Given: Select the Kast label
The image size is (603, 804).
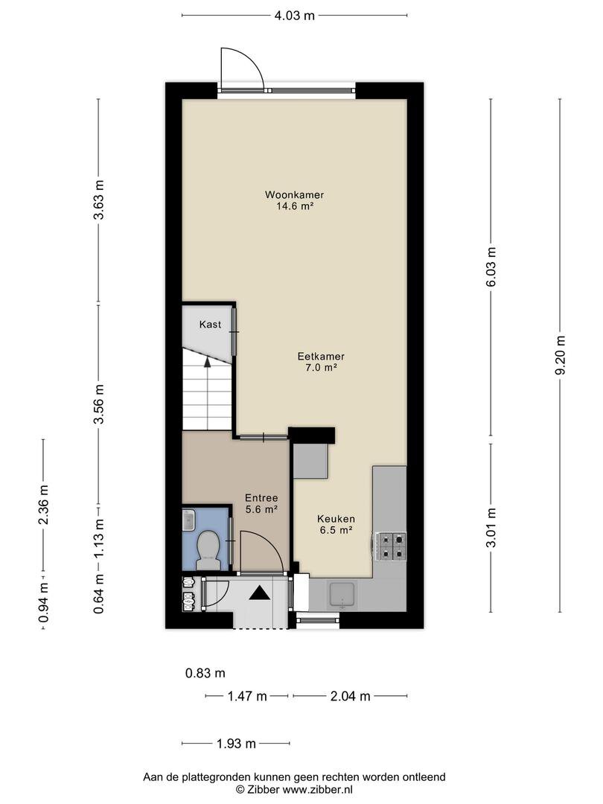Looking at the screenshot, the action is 210,324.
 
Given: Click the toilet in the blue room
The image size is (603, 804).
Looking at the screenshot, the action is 208,549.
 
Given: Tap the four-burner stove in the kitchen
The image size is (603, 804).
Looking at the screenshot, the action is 392,546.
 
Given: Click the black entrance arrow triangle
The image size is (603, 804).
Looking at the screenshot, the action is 260,593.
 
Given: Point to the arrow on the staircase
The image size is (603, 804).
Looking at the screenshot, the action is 207,362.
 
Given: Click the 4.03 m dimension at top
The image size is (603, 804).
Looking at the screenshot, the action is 294,15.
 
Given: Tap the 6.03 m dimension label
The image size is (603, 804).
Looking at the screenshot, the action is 491,267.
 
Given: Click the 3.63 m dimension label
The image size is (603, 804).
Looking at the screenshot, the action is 98,200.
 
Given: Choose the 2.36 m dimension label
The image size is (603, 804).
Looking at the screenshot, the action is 43,505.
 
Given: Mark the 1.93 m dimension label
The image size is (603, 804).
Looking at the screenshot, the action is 236,744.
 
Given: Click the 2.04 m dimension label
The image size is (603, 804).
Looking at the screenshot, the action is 350,696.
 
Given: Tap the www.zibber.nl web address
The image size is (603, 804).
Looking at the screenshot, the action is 317,790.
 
